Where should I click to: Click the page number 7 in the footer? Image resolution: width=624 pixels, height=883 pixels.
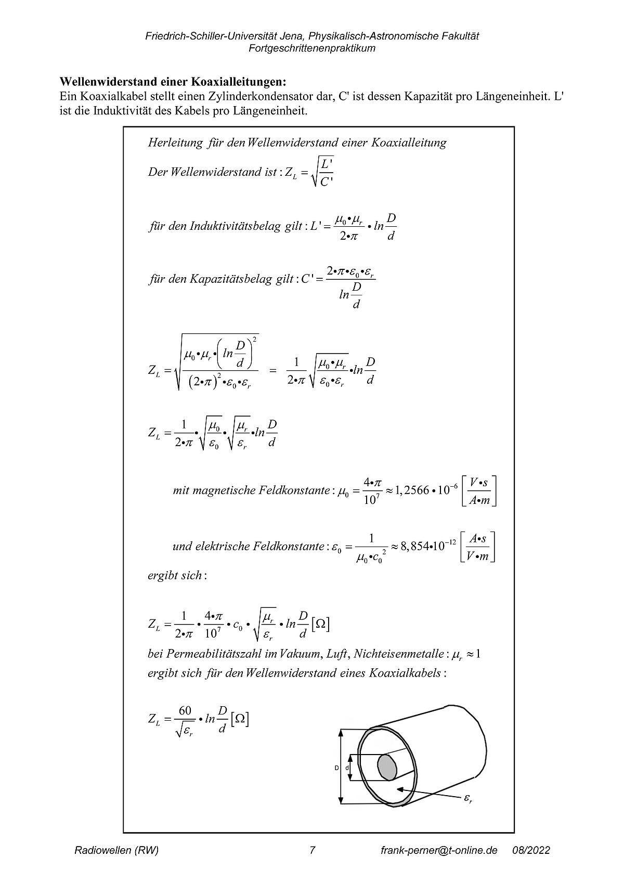312,850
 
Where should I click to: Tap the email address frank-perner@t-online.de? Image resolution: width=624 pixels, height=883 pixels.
439,850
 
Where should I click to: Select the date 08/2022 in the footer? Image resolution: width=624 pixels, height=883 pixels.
531,850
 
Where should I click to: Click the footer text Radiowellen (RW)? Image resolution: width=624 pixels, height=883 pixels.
117,850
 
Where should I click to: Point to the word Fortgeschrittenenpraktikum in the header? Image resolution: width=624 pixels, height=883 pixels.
312,48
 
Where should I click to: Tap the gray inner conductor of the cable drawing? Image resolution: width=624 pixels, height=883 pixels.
387,767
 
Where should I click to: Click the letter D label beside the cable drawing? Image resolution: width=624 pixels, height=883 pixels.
336,768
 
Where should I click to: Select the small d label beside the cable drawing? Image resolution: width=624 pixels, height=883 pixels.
347,768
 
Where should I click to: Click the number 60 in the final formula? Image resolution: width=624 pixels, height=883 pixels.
185,711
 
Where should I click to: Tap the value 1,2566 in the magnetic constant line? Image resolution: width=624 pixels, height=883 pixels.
412,490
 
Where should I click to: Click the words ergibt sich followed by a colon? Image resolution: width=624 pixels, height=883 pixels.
175,576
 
